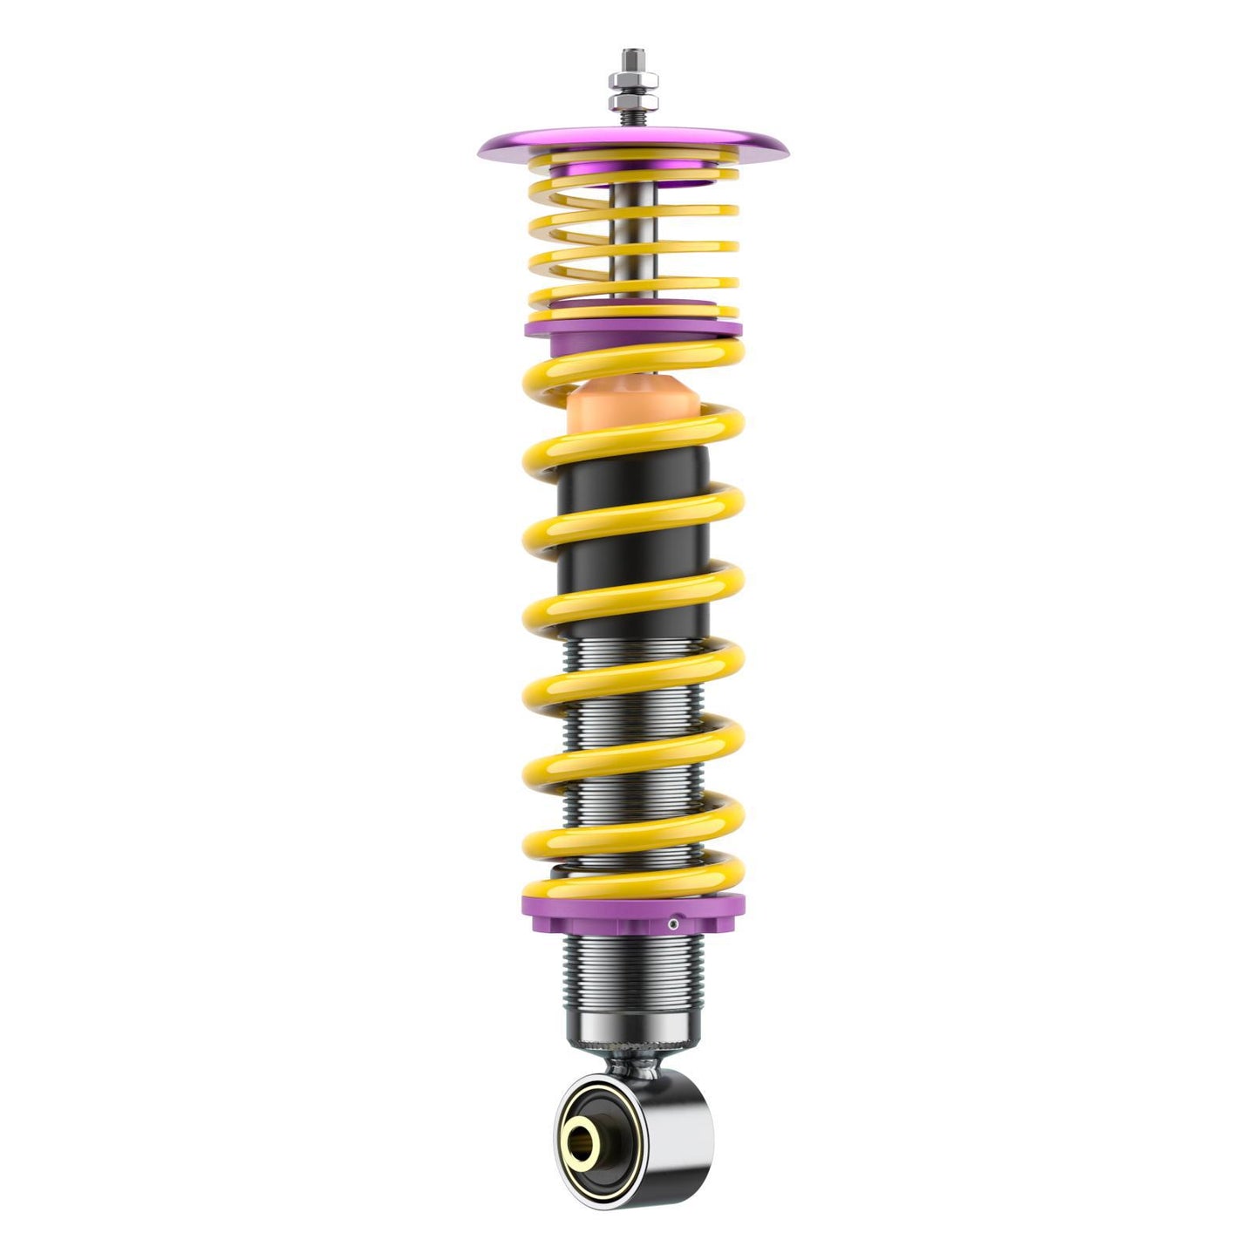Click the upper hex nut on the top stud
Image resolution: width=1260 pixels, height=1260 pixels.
click(x=634, y=85)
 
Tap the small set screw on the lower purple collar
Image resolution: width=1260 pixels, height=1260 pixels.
click(x=673, y=922)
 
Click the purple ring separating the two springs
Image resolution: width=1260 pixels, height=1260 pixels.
click(x=634, y=324)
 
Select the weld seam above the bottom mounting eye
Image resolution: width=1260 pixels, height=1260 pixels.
click(x=634, y=1063)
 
